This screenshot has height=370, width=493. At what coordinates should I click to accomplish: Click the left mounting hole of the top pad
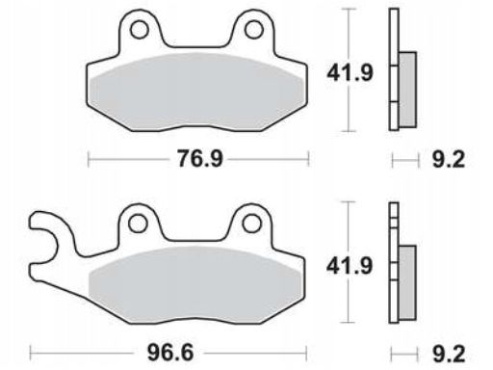(x=140, y=30)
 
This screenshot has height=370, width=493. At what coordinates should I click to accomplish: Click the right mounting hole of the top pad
(x=254, y=30)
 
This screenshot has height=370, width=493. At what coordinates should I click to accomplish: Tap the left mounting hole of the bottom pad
(x=138, y=224)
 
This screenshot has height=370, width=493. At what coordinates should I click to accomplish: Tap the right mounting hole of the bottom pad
(x=251, y=224)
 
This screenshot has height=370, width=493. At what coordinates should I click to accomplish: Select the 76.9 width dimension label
(x=199, y=159)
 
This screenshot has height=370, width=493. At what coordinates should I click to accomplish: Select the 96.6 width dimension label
(x=170, y=353)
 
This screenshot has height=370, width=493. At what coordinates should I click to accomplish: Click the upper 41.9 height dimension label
(x=350, y=73)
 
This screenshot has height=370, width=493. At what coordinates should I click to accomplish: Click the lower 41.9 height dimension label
(x=350, y=266)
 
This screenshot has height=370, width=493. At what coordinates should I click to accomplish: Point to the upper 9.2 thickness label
(x=449, y=159)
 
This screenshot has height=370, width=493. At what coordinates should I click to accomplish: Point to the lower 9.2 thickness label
(x=449, y=355)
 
